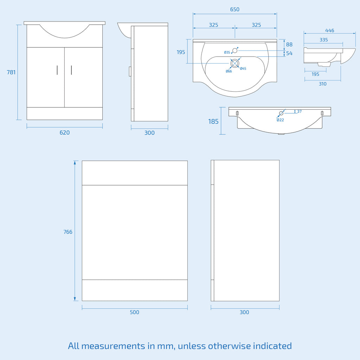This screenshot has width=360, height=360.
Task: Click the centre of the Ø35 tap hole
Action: (234, 51)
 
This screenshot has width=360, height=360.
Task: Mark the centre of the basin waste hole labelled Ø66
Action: (234, 63)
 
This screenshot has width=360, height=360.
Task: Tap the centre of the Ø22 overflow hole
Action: (281, 113)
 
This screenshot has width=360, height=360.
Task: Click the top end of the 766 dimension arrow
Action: (75, 161)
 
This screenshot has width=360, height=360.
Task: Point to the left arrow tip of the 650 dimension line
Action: (193, 14)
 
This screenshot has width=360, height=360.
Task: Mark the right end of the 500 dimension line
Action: (188, 309)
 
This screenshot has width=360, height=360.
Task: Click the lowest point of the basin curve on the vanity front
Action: (65, 38)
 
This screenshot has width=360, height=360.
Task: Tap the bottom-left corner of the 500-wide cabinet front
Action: (82, 301)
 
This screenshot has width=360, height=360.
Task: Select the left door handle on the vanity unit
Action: (57, 70)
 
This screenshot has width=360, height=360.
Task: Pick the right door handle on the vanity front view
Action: (71, 70)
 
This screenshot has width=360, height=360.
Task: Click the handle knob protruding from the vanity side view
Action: (130, 71)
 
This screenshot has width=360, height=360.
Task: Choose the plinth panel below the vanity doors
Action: (65, 114)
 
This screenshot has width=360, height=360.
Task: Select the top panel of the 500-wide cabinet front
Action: (135, 173)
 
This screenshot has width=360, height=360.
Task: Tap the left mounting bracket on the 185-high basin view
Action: (237, 113)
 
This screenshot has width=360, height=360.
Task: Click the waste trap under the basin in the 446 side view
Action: (324, 64)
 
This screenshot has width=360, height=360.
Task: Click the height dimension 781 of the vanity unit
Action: (11, 72)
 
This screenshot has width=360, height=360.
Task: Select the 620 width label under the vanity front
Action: (65, 133)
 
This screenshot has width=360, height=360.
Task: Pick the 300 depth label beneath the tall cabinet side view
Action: (244, 312)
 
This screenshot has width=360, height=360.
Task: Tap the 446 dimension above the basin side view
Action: (329, 31)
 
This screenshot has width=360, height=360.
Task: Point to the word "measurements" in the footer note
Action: (113, 346)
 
